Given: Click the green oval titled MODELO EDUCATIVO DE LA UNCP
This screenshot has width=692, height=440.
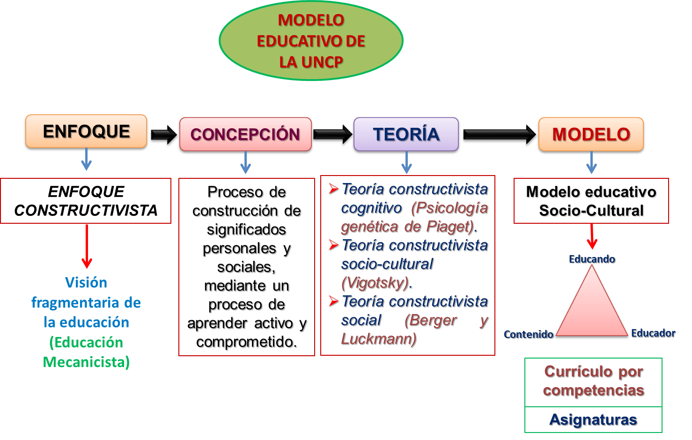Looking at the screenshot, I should tap(311, 41).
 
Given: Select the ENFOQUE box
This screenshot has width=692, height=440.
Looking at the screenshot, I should tap(86, 132).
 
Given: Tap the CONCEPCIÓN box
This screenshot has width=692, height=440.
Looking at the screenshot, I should tap(245, 134).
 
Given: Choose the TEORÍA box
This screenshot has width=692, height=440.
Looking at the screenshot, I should tap(406, 134).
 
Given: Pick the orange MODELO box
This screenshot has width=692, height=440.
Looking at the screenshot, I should tap(591, 134).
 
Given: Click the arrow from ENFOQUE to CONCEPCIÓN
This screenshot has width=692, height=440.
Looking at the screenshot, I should tap(163, 134).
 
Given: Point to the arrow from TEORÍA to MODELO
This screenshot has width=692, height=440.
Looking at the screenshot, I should tap(498, 134).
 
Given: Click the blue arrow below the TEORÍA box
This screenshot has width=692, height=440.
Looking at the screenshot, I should tap(406, 163).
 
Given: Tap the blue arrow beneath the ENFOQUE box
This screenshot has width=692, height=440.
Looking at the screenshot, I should tap(86, 160).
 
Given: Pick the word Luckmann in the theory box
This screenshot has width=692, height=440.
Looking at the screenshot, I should tap(377, 339).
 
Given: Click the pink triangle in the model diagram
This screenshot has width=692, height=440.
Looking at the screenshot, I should tap(592, 309).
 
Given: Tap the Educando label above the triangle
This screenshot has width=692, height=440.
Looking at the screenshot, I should tap(592, 259).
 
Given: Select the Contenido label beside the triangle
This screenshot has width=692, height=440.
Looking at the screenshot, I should tap(528, 334).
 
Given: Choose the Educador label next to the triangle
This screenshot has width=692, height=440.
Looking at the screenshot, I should tap(653, 333).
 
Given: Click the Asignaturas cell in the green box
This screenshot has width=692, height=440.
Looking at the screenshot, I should tap(593, 419).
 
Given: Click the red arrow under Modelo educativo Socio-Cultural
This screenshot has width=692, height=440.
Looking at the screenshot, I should tap(592, 237).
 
